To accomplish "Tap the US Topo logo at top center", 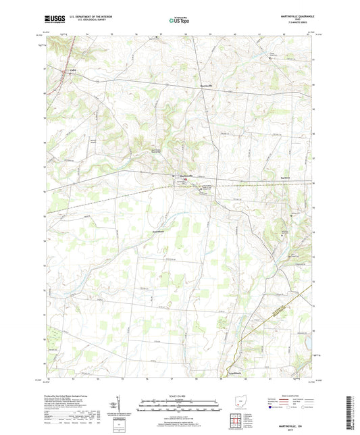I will pyautogui.click(x=179, y=20).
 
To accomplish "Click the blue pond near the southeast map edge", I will pyautogui.click(x=313, y=352).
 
